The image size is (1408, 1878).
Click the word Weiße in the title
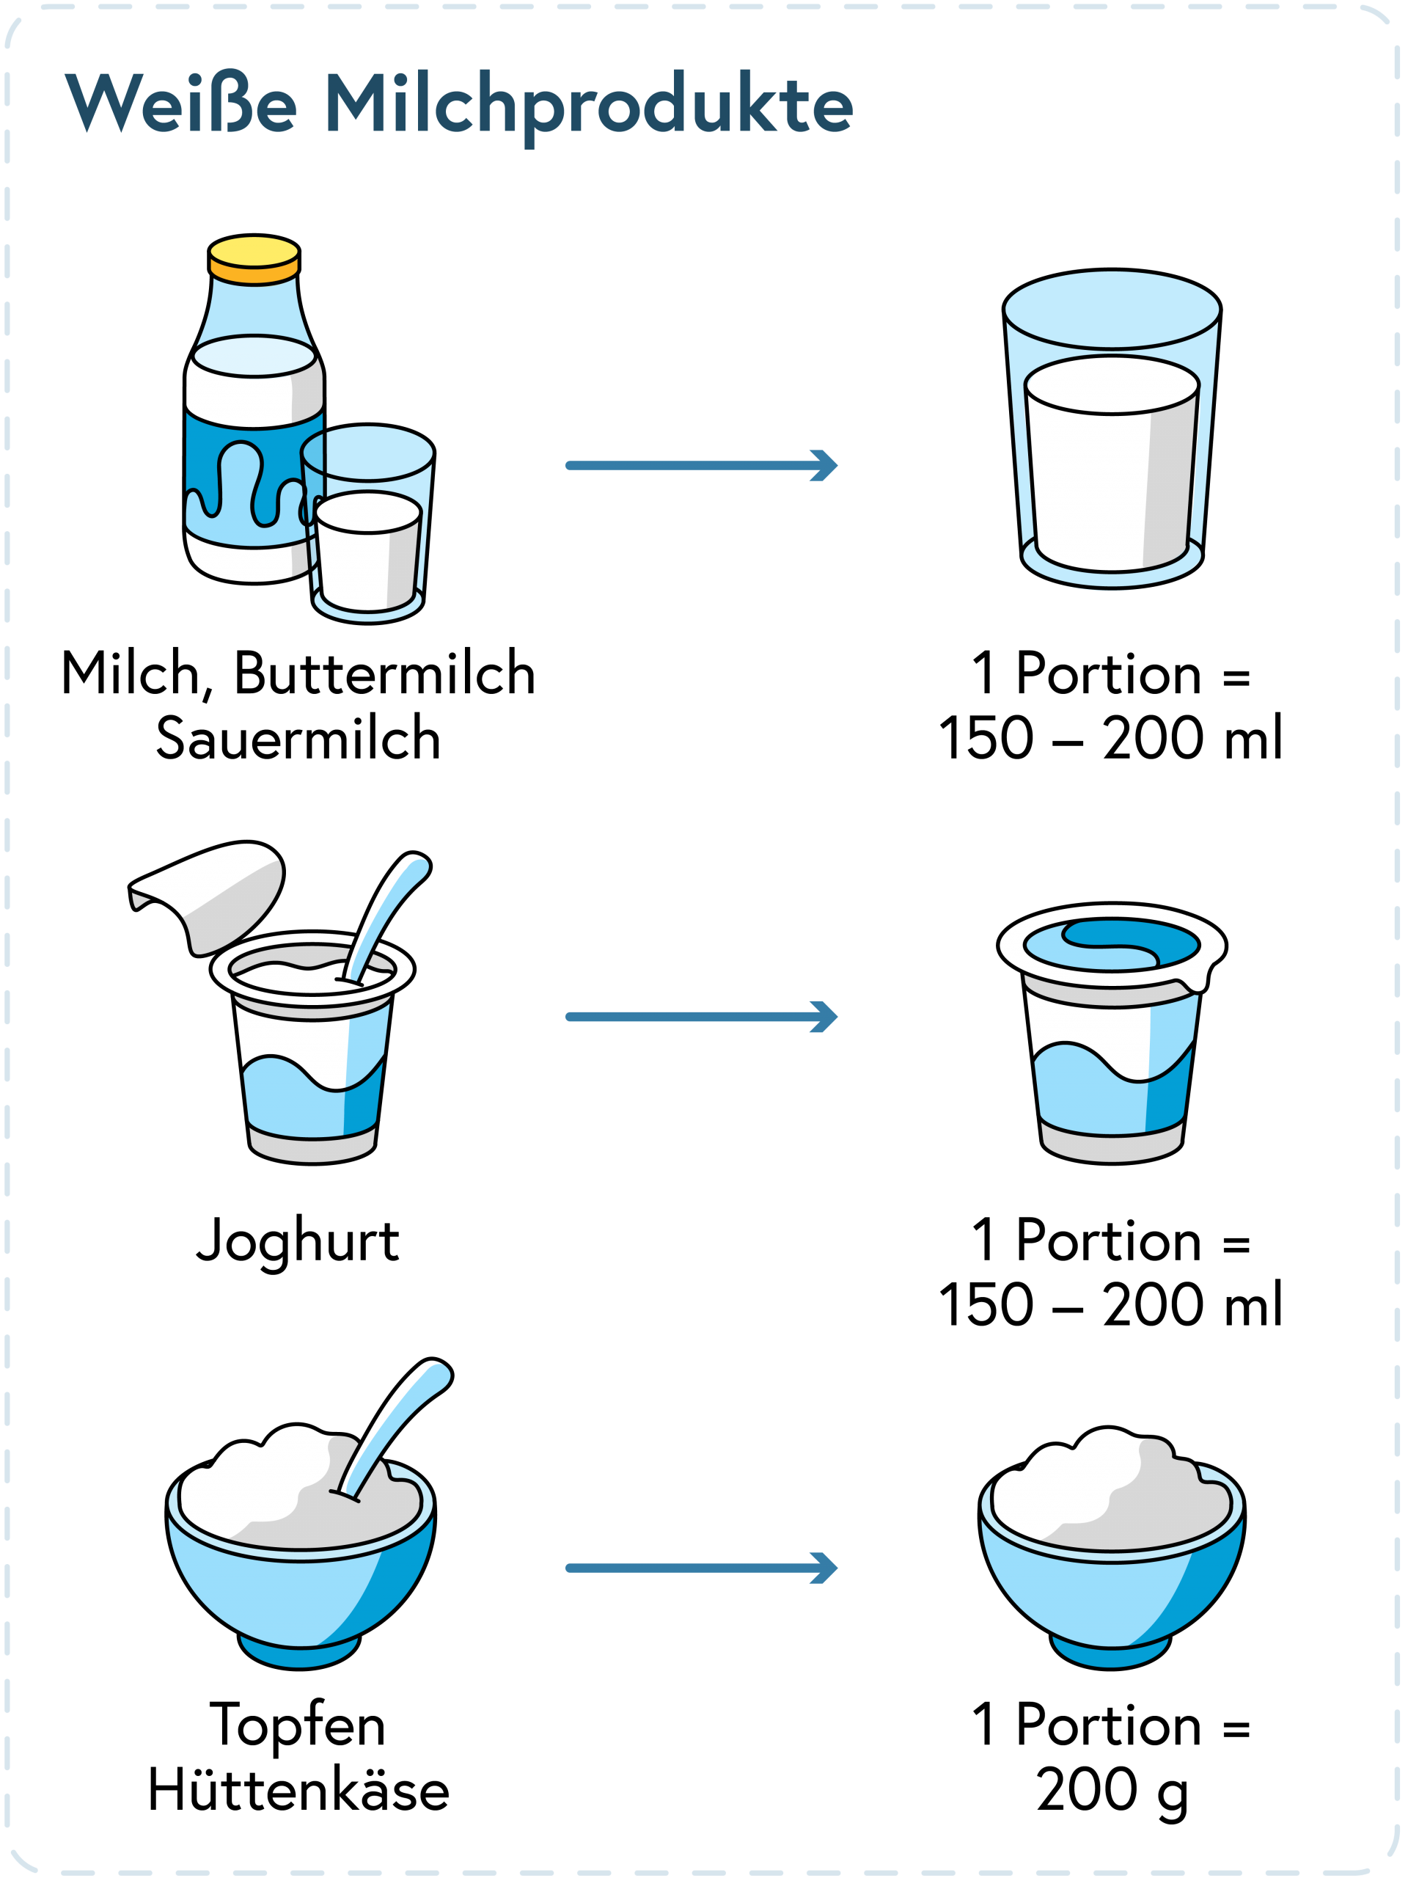(x=182, y=103)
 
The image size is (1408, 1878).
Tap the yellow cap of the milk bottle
(x=254, y=259)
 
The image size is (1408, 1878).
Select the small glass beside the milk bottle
(x=368, y=524)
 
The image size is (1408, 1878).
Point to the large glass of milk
(x=1112, y=428)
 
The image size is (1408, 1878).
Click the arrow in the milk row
(x=702, y=465)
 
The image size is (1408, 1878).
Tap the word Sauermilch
(x=298, y=738)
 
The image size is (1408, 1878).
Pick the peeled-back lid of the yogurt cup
(x=207, y=896)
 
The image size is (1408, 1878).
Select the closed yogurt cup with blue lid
(x=1112, y=1033)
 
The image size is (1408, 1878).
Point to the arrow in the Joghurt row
(x=702, y=1016)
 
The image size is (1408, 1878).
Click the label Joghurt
(x=298, y=1242)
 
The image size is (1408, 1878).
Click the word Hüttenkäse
(x=298, y=1791)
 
